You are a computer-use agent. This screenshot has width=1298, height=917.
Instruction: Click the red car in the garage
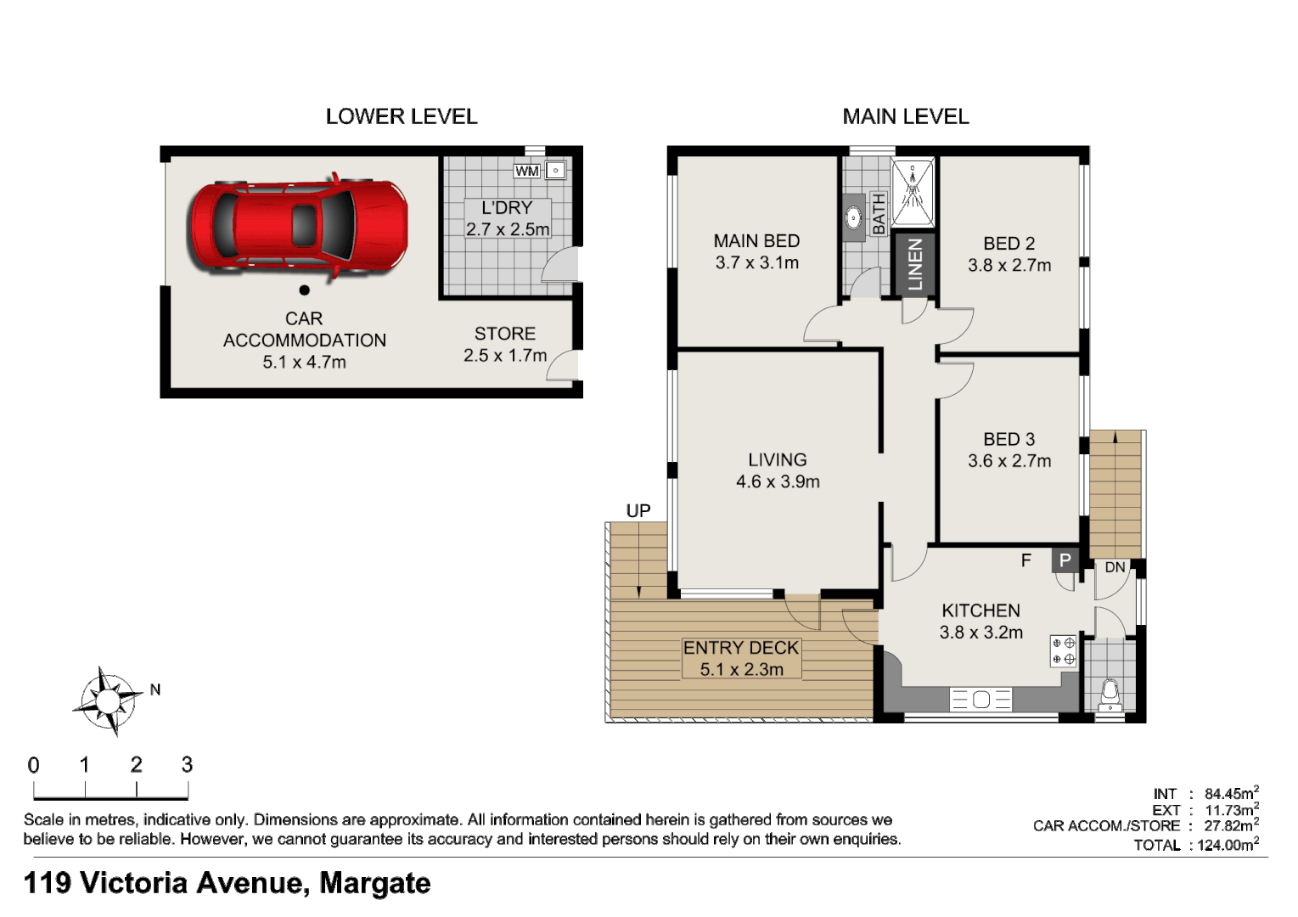coord(297,226)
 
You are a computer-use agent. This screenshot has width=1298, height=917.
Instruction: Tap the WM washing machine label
coord(526,171)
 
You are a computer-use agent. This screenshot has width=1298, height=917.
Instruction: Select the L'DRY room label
coord(507,208)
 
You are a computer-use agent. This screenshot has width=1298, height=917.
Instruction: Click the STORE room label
coord(505,334)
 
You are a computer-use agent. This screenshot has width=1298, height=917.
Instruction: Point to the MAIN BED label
coord(756,241)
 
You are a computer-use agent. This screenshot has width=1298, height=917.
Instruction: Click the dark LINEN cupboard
coord(914,264)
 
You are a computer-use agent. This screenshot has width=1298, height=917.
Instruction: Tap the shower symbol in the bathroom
coord(913,190)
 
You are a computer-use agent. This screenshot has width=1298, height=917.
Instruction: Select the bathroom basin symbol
coord(854,218)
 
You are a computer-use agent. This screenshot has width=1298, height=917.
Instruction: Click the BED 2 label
coord(1009,244)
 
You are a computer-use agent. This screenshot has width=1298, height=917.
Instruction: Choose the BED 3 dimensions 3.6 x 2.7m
coord(1009,461)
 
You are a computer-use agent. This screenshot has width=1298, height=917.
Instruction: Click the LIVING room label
coord(777,460)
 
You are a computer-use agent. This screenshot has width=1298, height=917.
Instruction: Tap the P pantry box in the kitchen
coord(1065,560)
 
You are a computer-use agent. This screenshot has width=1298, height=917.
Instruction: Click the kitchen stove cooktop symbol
coord(1064,651)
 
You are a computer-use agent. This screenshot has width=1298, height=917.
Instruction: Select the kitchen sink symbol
coord(981,700)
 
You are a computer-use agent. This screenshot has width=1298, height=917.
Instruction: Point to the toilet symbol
coord(1110,694)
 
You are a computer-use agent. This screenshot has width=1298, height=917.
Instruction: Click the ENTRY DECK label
coord(741,648)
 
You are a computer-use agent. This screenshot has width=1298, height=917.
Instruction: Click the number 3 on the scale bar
coord(187,765)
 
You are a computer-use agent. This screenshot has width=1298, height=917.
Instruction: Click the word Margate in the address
coord(374,883)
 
